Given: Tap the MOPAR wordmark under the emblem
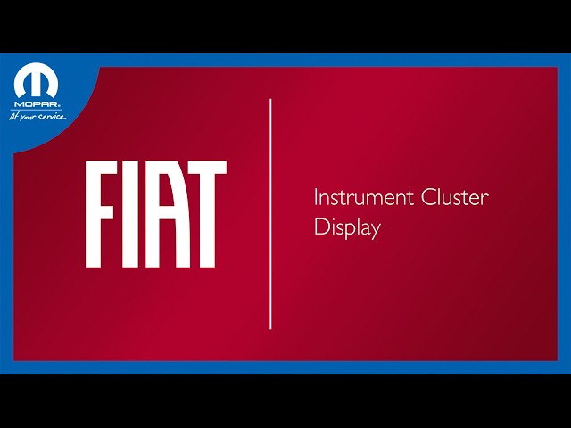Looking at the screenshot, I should (x=37, y=103).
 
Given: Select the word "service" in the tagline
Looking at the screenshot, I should (x=51, y=116).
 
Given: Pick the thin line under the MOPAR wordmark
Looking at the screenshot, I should (x=37, y=109).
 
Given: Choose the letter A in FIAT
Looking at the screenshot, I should (x=164, y=214).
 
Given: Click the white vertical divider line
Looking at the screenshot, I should (x=270, y=214).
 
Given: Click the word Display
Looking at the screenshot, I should (x=347, y=227).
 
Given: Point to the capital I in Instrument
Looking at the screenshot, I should (x=316, y=198).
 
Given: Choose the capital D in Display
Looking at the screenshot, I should (x=319, y=226).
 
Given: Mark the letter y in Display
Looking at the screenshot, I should (x=376, y=230).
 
